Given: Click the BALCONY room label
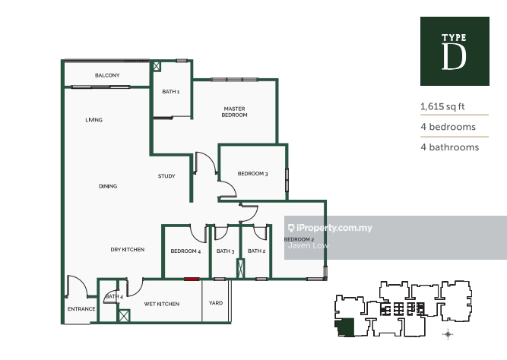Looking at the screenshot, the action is coord(107,75).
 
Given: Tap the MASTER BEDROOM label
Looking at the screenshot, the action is coord(234,112).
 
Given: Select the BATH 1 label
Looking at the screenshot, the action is coord(171,92).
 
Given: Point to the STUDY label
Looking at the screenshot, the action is coord(166,176).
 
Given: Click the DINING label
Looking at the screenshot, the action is coord(108,186).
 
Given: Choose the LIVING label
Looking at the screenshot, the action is coord(94,120).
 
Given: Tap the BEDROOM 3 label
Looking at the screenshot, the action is coord(253,174).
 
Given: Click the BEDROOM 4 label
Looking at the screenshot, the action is coord(186,251).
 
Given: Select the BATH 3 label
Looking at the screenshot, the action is coord(225,251).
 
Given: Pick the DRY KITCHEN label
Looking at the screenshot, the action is coord(128,249).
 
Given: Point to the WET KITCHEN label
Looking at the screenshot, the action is coord(162,304).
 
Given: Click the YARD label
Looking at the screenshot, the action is coord(216,303).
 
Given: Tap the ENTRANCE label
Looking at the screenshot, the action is coord(81,309).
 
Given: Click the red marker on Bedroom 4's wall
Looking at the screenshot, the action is coord(192,279).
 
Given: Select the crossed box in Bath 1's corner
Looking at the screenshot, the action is coord(157,66).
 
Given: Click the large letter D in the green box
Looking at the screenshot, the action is coord(454,56).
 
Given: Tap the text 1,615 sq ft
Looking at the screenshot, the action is coord(442,106).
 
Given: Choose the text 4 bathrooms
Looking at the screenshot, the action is coord(450,147).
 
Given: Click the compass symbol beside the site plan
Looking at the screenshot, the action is coord(448,334).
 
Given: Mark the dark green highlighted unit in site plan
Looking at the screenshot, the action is coord(345,327).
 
